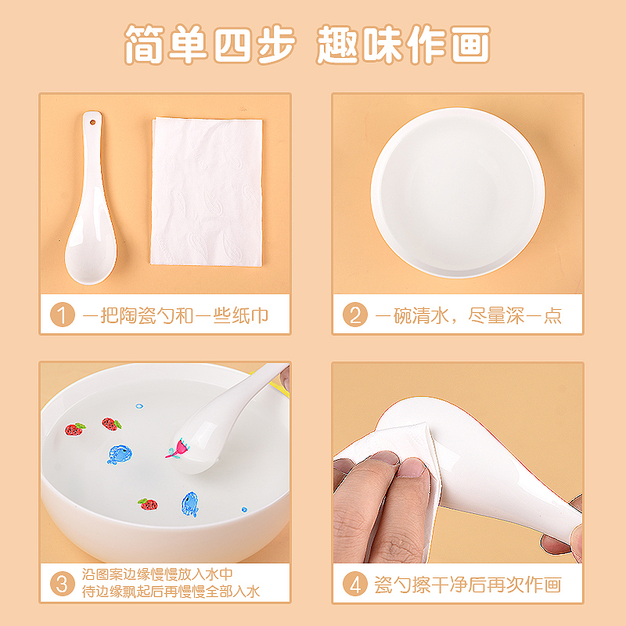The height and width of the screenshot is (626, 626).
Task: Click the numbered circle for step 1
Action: pos(63,315)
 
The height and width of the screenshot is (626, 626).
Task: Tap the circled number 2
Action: pos(355,315)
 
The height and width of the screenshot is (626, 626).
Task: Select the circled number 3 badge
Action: pos(63,583)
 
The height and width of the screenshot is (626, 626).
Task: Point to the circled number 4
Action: pos(355,583)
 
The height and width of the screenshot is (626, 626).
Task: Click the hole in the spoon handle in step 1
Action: pos(92,122)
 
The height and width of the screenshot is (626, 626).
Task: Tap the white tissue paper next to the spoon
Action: pos(207,192)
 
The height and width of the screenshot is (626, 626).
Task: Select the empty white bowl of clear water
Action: pos(458,192)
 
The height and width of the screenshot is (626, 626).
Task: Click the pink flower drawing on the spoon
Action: pos(178,448)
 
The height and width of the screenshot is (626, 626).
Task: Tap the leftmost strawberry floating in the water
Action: pos(75,429)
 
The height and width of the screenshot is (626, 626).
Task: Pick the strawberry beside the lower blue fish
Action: pos(148,504)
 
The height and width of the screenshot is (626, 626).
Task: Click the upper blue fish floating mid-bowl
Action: pos(120,455)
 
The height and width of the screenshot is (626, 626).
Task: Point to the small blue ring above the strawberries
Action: pos(139,406)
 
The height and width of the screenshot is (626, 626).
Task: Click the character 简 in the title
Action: pos(144,44)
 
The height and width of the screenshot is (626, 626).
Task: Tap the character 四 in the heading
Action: pos(232,44)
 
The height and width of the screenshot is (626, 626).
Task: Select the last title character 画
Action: pos(470,44)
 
